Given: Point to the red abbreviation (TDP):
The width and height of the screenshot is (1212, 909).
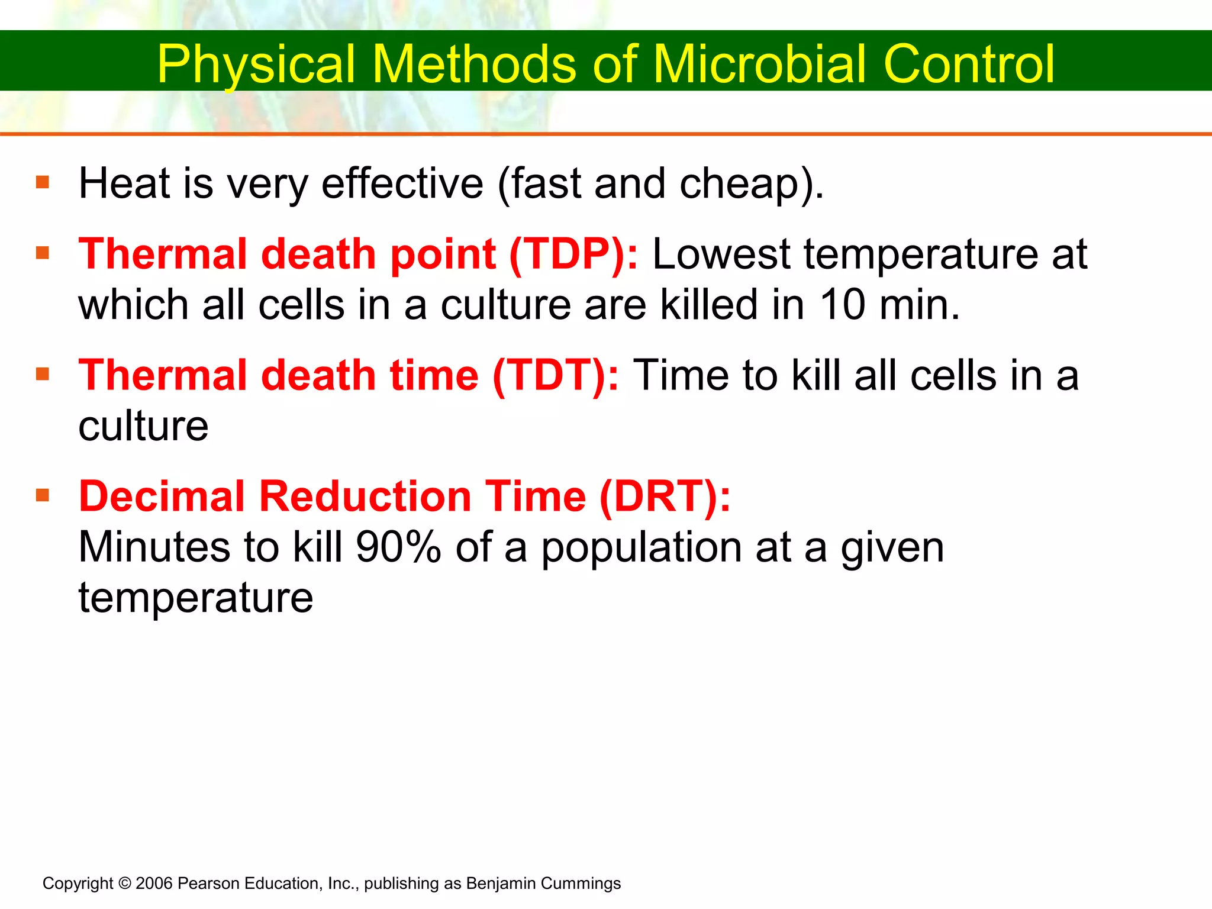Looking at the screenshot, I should [x=573, y=254].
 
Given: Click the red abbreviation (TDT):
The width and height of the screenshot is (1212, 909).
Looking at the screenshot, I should [x=556, y=376].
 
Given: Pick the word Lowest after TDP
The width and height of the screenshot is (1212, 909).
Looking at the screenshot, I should [x=721, y=254].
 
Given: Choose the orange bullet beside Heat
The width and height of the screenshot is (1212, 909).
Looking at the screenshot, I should [x=42, y=182].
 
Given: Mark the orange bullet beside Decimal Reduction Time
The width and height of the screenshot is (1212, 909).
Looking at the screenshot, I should [x=42, y=495].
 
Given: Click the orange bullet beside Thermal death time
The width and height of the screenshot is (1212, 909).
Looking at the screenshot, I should [x=42, y=374].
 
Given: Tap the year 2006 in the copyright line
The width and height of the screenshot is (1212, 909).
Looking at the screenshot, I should [x=154, y=884].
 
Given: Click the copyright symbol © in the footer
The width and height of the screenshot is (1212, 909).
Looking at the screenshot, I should [x=124, y=884].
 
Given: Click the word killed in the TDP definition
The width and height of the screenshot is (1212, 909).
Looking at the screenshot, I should [x=708, y=305].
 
